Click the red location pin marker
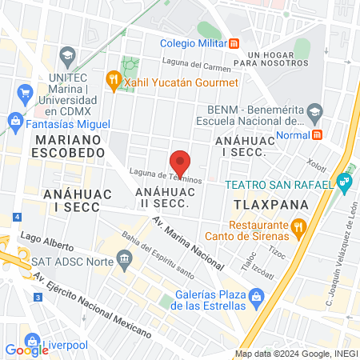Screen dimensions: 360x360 point(180,162)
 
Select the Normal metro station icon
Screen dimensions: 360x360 point(317,134)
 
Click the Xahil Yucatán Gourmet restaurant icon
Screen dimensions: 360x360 point(114,82)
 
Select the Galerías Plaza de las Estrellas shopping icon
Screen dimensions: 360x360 point(257,299)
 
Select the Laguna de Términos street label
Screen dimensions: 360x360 point(166,175)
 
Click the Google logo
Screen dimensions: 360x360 point(26,350)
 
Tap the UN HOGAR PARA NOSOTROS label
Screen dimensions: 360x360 point(278,58)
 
